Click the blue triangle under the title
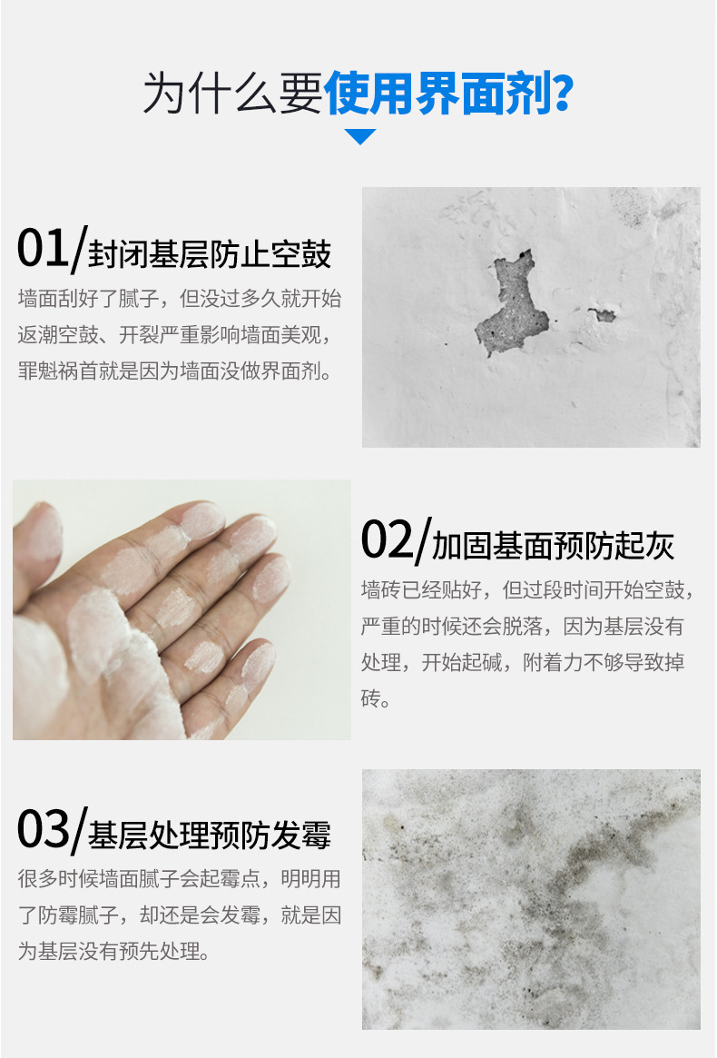[x=359, y=136]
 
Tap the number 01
[x=43, y=248]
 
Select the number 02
[x=387, y=539]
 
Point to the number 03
[x=43, y=829]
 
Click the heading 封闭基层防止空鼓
[x=210, y=254]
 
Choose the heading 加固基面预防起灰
[x=553, y=546]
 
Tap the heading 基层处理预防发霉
[x=210, y=836]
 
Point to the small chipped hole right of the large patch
[x=603, y=314]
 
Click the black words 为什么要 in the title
[x=232, y=94]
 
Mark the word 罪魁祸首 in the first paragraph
[x=58, y=371]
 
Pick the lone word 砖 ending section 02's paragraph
[x=371, y=697]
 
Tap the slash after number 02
[x=422, y=539]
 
